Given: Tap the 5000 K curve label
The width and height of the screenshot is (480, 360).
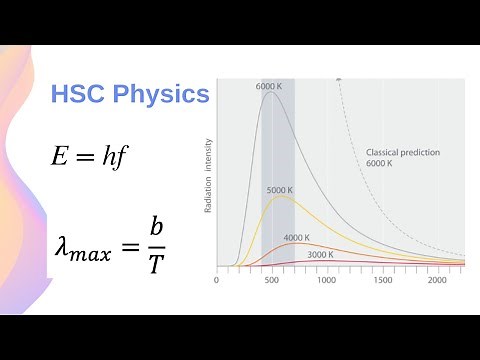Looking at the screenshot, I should coord(279,190).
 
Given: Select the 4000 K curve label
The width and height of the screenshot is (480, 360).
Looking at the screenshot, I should coord(296,238).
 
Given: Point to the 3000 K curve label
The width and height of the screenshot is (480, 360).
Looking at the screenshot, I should coord(320,255).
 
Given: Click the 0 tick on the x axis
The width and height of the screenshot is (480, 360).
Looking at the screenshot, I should coord(217,281).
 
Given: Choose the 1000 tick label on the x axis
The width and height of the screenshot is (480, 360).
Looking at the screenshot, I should coord(326,281).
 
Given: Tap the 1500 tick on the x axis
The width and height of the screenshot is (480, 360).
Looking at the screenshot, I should coord(382,281).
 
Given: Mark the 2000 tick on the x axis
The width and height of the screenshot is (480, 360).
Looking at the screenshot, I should coord(437,281).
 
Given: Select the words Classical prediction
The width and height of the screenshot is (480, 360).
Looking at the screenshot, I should coord(396,152).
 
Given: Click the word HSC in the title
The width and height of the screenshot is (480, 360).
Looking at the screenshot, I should coord(78,95).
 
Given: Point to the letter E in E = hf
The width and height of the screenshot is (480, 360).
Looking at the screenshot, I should coord(59,155).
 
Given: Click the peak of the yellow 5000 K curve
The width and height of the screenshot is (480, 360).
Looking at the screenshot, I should coord(283,197).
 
